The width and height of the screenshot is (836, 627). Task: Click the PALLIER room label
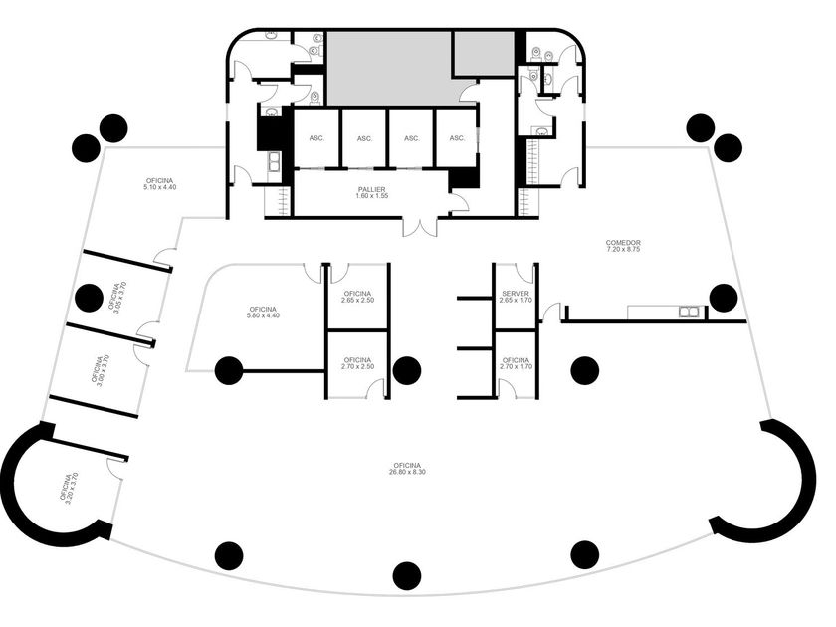371,192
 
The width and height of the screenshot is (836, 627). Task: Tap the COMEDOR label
623,246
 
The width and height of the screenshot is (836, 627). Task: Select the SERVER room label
516,297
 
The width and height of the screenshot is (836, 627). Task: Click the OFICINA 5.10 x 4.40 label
160,184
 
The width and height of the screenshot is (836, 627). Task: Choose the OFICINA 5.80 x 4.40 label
263,313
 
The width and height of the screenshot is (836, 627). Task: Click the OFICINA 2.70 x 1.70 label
516,363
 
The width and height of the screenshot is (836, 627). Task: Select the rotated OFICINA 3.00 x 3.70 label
101,370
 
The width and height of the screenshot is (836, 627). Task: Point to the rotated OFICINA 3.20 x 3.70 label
70,488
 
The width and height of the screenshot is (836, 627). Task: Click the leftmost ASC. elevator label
316,138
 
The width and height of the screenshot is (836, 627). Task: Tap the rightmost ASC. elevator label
457,138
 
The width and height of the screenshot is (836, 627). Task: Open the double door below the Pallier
420,226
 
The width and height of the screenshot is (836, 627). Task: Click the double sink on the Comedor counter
688,312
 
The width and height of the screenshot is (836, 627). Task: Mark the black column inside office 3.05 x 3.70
89,298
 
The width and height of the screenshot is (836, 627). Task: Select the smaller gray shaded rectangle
484,54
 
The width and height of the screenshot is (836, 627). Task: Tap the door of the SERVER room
525,273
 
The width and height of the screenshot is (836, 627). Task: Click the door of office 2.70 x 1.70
508,389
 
